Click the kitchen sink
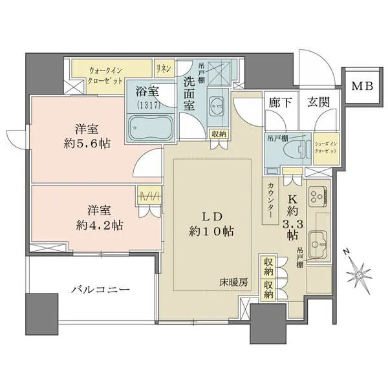coord(319,244)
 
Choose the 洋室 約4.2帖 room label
coord(97,218)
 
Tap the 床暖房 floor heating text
coord(233,283)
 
